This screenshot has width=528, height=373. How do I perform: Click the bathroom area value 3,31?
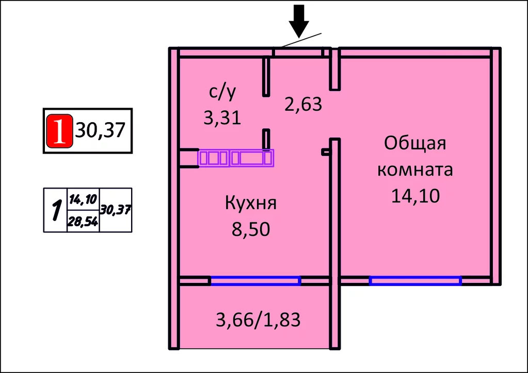point(222,118)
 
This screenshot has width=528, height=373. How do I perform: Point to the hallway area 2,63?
point(303,105)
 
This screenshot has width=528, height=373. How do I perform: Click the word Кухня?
point(251,203)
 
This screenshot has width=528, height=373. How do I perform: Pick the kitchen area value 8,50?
point(251,229)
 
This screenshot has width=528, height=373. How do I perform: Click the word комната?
point(415,169)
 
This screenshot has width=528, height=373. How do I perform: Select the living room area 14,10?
point(415,196)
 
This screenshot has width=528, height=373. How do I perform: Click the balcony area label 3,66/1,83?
point(258,320)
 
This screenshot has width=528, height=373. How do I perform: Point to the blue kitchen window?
point(255,281)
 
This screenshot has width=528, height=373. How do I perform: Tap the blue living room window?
point(415,281)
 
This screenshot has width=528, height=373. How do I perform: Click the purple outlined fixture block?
point(236,158)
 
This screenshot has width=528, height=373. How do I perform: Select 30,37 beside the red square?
point(101,130)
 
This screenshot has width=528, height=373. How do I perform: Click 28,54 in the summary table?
point(83,222)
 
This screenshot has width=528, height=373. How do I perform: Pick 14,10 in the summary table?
point(83,199)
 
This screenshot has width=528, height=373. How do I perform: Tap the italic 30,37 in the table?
point(116,210)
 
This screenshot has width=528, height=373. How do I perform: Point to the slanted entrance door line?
point(298,41)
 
